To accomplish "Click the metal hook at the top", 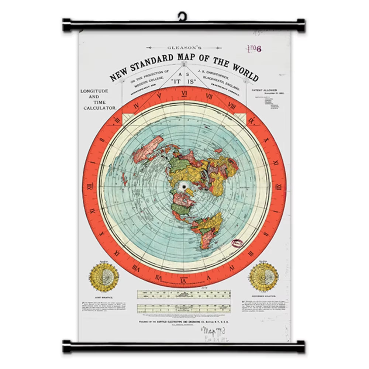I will pos(182,16).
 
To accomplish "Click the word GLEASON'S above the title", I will pos(184,48).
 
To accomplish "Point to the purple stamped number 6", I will pos(259,49).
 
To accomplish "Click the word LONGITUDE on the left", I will pos(94,91).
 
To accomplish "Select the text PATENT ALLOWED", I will pos(264,90).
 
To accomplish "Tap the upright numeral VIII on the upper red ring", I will pos(232,106).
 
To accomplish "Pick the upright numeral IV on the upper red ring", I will pos(137,107).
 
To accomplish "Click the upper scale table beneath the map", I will pos(184,294).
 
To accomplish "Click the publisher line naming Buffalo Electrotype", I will pos(184,321).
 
